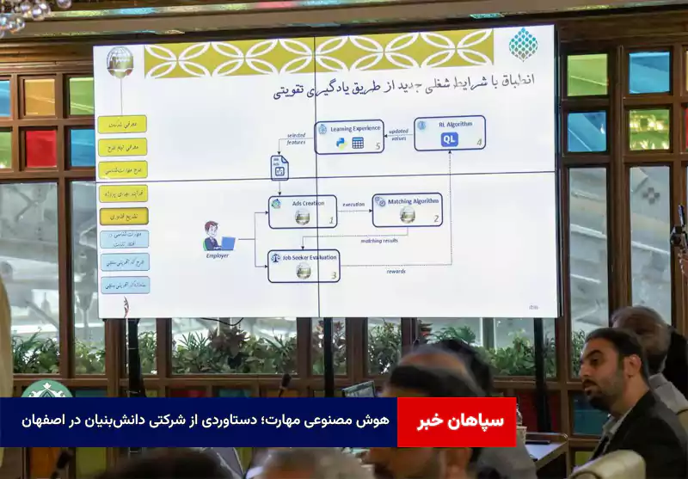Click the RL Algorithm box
[449, 133]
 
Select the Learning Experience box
[349, 137]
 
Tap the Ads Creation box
[302, 212]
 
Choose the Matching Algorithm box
[407, 210]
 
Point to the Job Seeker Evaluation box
[304, 266]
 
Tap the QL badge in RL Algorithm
[449, 140]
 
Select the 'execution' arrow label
[353, 205]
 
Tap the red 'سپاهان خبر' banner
[456, 422]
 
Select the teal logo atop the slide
[523, 43]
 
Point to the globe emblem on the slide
[120, 62]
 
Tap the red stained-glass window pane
[40, 148]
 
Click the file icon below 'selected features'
[279, 168]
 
